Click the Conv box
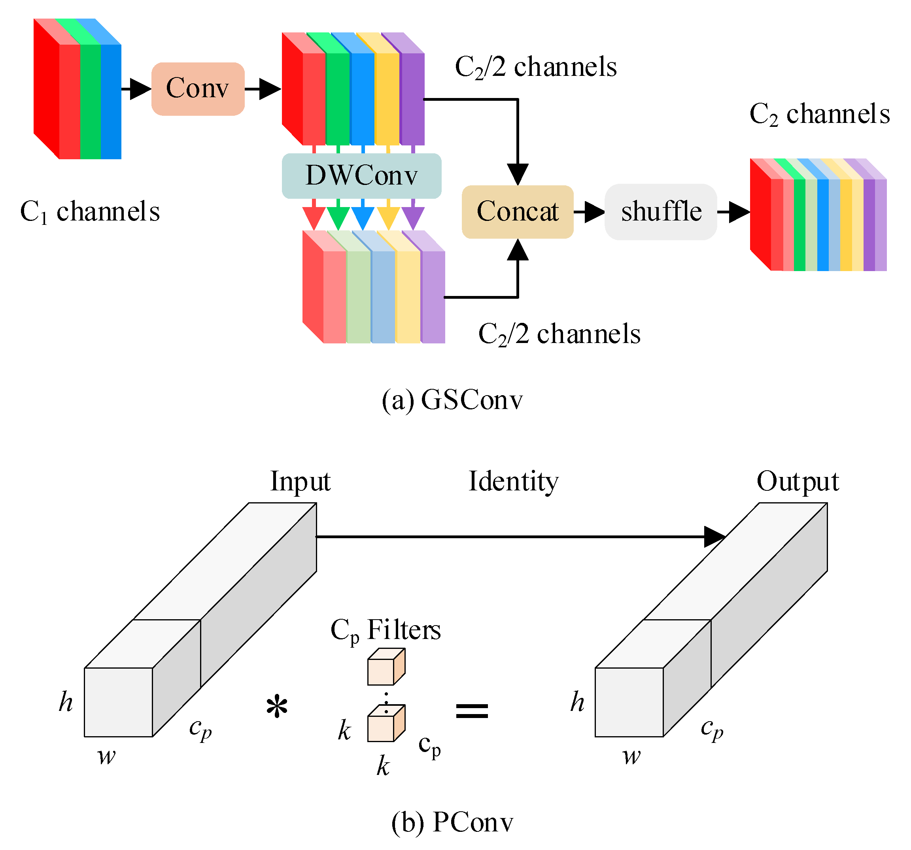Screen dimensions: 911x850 (x=198, y=89)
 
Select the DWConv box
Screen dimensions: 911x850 (x=361, y=176)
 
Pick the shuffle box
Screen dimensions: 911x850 (x=661, y=211)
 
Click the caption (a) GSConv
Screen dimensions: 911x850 (x=452, y=400)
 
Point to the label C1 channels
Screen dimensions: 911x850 (x=90, y=211)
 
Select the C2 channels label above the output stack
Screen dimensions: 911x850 (x=820, y=113)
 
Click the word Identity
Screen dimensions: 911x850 (x=514, y=482)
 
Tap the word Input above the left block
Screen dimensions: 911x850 (x=300, y=482)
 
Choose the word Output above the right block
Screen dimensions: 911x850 (x=798, y=482)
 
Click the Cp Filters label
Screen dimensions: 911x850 (x=386, y=631)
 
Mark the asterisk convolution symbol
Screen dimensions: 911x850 (x=277, y=706)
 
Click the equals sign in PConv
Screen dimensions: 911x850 (x=472, y=711)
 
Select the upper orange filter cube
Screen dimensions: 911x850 (x=386, y=666)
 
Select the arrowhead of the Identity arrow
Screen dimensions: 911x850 (x=715, y=537)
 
